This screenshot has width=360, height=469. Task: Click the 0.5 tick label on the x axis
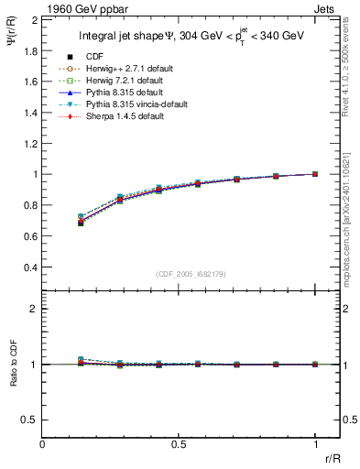pos(179,446)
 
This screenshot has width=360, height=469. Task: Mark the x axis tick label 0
pos(43,446)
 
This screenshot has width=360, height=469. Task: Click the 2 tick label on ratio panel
pos(33,309)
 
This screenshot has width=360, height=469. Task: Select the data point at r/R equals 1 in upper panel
pos(315,174)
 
